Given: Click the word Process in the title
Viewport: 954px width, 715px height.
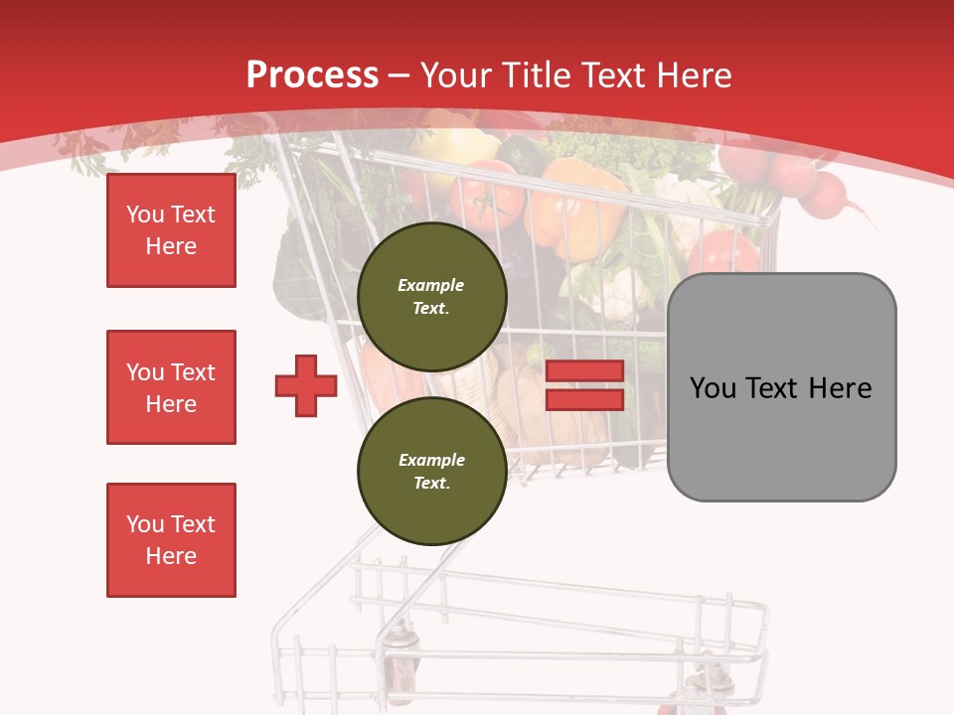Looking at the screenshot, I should (312, 74).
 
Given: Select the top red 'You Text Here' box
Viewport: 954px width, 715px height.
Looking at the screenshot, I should (171, 230).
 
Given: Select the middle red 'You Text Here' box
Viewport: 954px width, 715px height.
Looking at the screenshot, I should (171, 387).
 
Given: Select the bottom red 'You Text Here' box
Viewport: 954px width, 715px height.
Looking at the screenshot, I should (171, 540).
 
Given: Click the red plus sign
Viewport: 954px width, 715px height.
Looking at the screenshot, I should (306, 385).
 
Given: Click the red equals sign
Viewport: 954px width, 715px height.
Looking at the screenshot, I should (584, 385).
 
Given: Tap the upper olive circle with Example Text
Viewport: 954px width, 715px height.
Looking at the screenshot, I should (431, 296).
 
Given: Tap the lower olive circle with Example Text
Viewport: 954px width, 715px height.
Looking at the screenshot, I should (431, 471).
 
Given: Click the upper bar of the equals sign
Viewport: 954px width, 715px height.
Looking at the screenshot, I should (584, 370).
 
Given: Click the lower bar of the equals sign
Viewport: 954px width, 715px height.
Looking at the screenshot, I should (584, 400).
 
